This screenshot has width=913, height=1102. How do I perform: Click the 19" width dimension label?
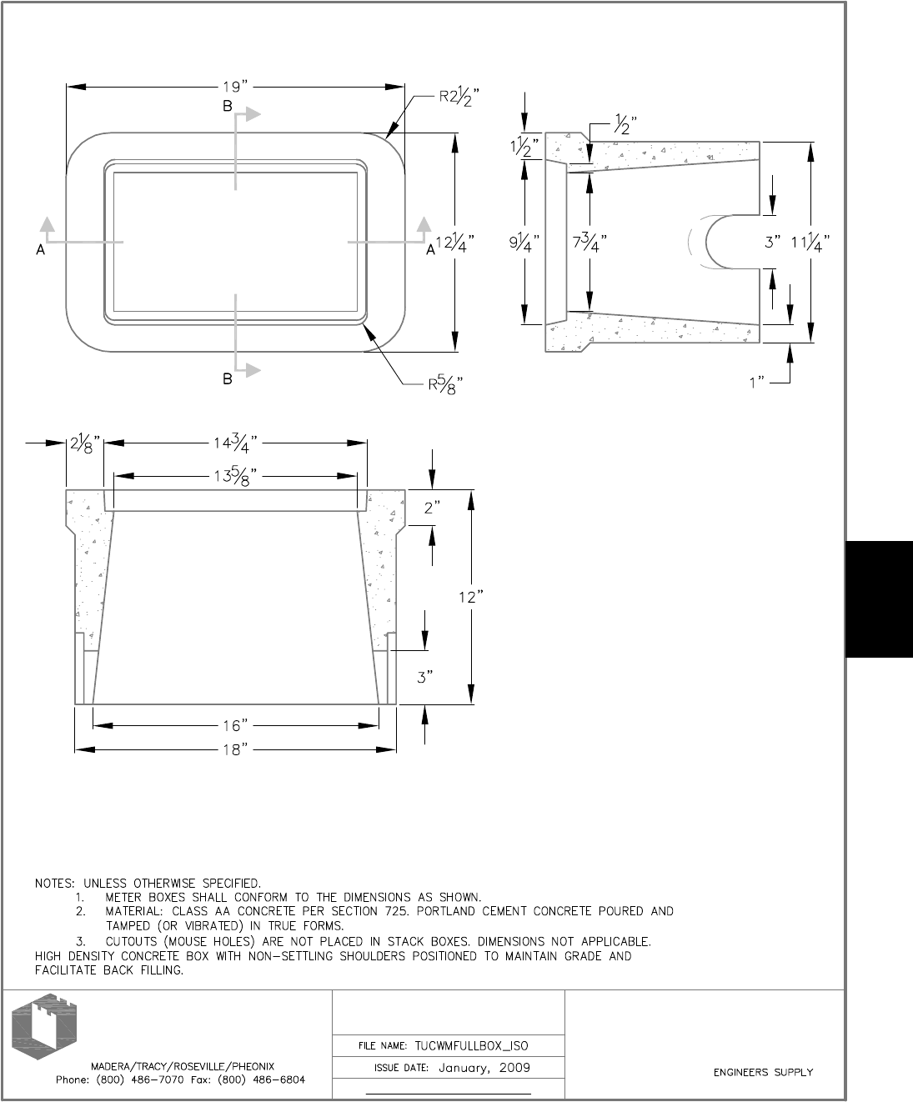point(236,86)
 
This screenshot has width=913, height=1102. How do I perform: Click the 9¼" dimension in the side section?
point(524,243)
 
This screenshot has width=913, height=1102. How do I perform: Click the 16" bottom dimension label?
point(236,726)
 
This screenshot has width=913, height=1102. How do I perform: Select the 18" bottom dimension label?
point(236,750)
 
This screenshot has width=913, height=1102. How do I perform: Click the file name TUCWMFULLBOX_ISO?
point(471,1046)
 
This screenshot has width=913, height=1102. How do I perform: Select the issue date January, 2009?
point(484,1068)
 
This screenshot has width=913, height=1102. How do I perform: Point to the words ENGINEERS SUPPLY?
point(763,1073)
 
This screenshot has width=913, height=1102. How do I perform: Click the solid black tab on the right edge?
point(879,599)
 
